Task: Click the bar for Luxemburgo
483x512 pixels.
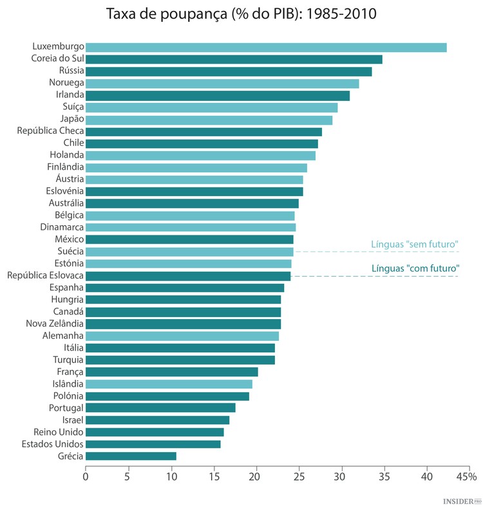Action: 266,47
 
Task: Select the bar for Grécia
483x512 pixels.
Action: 131,456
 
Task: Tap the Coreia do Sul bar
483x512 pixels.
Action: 234,59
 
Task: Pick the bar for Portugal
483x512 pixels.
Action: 160,408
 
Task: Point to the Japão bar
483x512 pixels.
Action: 209,120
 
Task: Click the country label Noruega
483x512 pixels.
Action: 66,83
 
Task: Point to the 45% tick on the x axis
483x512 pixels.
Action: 466,477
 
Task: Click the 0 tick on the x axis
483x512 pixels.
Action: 86,477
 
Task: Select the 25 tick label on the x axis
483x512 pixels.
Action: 299,477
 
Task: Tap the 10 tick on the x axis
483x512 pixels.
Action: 171,477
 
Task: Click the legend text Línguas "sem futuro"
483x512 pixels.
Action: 414,244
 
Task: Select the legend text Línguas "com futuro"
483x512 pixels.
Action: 414,269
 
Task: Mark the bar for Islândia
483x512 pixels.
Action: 169,384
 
